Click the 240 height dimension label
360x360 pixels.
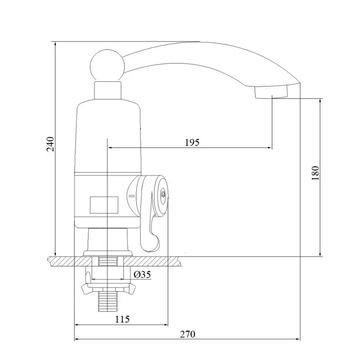[50, 144]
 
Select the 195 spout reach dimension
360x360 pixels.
[192, 143]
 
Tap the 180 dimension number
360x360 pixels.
[315, 173]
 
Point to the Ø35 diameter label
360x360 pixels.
[142, 274]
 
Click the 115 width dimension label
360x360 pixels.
[122, 319]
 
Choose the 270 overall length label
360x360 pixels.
[188, 334]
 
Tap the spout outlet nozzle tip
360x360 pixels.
[271, 92]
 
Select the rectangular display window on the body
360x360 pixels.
[104, 205]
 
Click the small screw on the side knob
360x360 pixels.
[163, 194]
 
